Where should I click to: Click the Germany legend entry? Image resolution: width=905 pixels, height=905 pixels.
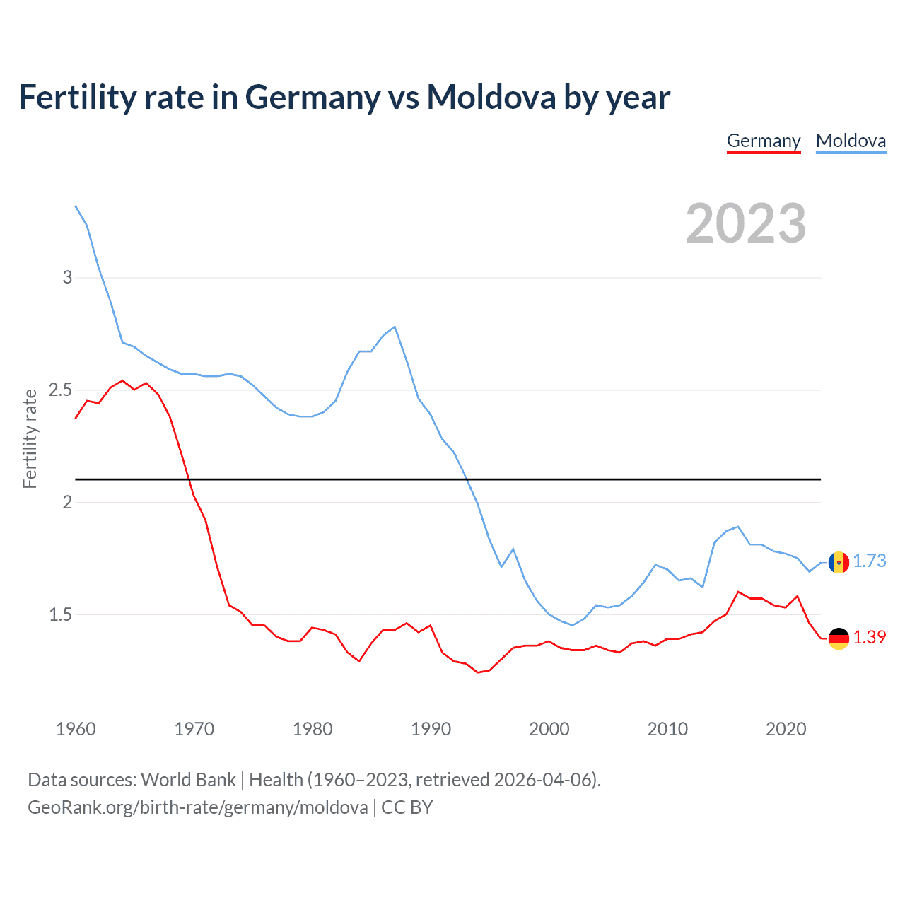[x=764, y=141]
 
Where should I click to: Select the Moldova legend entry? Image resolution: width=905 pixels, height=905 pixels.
[x=851, y=141]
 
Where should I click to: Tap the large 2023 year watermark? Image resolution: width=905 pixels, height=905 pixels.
[x=745, y=223]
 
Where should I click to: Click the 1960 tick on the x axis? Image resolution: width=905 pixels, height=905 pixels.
[x=76, y=729]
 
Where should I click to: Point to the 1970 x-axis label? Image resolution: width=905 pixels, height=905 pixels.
[x=194, y=729]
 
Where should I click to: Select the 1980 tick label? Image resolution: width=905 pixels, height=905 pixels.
[x=313, y=729]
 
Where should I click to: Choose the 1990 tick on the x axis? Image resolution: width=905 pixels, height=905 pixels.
[x=431, y=729]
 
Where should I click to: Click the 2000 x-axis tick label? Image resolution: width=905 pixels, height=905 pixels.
[x=549, y=729]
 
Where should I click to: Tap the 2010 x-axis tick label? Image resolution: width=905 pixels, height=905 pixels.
[x=667, y=729]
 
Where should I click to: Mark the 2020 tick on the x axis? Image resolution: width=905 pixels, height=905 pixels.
[x=786, y=729]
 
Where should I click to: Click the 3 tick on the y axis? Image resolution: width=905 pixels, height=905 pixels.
[x=67, y=277]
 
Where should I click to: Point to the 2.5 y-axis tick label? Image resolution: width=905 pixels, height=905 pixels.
[x=61, y=390]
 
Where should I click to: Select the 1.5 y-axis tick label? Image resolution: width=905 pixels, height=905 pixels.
[x=61, y=615]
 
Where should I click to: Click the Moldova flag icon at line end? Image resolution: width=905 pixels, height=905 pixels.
[x=839, y=563]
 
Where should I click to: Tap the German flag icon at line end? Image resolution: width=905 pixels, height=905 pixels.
[x=839, y=638]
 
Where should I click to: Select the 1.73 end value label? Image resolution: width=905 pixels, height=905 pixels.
[x=869, y=561]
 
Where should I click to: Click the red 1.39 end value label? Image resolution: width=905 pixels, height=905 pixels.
[x=869, y=638]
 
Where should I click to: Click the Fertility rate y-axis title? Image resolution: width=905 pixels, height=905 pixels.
[x=30, y=438]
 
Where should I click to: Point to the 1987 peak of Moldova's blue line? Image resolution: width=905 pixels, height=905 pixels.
[x=395, y=327]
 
